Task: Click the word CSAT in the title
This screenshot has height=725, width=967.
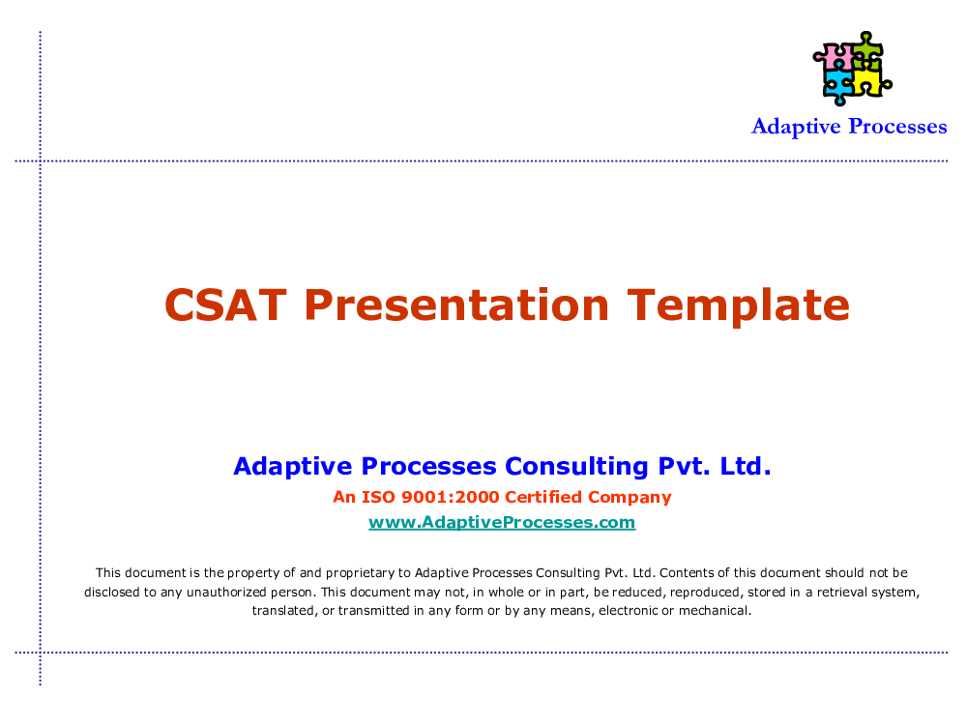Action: pyautogui.click(x=225, y=304)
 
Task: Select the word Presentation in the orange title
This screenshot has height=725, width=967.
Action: pyautogui.click(x=457, y=304)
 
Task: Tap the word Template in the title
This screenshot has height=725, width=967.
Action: pyautogui.click(x=738, y=305)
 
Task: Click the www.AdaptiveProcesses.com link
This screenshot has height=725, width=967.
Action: pyautogui.click(x=502, y=522)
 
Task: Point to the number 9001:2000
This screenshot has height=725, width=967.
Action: pyautogui.click(x=451, y=497)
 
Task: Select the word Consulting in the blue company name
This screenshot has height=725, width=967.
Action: pyautogui.click(x=576, y=467)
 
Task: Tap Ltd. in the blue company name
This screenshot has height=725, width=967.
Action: pyautogui.click(x=746, y=466)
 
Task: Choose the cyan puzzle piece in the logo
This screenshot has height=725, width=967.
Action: pyautogui.click(x=837, y=86)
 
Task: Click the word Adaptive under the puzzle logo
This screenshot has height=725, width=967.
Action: pyautogui.click(x=796, y=127)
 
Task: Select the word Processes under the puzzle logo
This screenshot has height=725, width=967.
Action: pyautogui.click(x=898, y=127)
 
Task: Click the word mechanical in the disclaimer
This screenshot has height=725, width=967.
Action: pyautogui.click(x=715, y=610)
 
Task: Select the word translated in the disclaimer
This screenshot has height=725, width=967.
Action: pyautogui.click(x=283, y=611)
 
